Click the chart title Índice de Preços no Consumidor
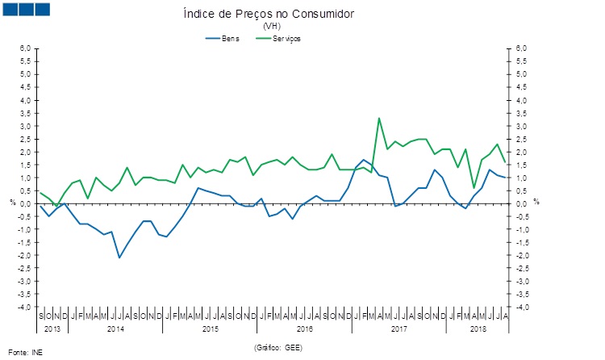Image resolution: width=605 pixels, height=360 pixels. (269, 15)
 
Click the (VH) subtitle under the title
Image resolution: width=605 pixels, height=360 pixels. (269, 27)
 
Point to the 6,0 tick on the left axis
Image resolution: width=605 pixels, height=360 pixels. (25, 48)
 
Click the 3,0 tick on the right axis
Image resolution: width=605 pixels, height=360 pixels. (522, 126)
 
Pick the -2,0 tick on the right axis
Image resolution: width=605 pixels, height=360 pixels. (523, 255)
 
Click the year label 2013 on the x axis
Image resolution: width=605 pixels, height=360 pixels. (52, 329)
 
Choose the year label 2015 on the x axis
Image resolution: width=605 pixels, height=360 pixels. (210, 329)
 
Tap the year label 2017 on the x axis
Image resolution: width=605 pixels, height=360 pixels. (398, 329)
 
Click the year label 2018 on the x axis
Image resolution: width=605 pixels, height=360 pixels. (478, 329)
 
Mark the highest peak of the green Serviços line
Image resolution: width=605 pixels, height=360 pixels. (379, 118)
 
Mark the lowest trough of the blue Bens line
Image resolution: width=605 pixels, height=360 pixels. (119, 257)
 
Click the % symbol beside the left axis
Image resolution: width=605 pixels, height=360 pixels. (12, 203)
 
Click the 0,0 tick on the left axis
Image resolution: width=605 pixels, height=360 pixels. (25, 203)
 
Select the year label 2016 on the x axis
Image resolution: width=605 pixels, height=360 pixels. (304, 329)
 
